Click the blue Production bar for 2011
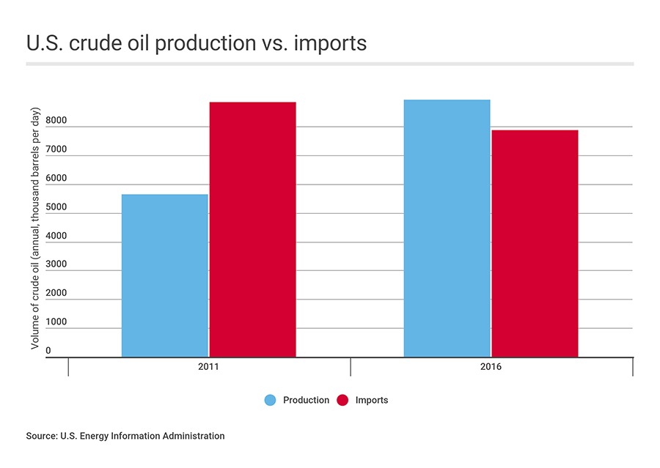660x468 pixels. (164, 276)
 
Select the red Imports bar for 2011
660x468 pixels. (252, 229)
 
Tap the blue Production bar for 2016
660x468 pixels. (447, 229)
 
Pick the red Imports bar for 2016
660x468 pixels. (535, 244)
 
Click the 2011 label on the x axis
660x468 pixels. (208, 367)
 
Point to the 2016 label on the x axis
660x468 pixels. (491, 367)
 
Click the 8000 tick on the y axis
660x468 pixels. (56, 120)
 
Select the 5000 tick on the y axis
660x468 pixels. (56, 207)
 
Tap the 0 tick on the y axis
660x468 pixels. (48, 351)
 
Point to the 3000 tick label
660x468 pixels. (56, 264)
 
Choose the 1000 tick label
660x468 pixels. (56, 322)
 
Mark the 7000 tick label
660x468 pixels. (56, 149)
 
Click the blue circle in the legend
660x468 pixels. (270, 401)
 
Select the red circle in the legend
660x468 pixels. (342, 401)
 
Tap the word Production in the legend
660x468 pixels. (306, 401)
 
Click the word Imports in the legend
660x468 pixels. (372, 401)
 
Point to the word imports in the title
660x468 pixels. (330, 44)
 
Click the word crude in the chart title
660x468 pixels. (96, 43)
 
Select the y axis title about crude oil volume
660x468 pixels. (35, 229)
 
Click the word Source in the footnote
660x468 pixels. (42, 436)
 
